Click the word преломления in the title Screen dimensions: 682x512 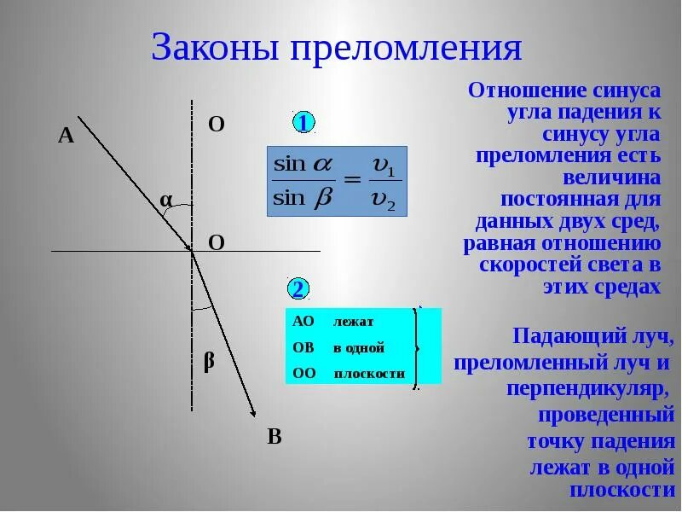click(x=406, y=49)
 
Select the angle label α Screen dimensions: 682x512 click(x=166, y=200)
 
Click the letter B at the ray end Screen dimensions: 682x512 click(x=274, y=437)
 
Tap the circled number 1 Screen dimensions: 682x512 click(x=304, y=123)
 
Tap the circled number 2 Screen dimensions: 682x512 click(x=298, y=288)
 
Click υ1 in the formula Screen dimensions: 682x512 click(x=385, y=164)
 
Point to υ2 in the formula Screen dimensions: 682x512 click(x=385, y=200)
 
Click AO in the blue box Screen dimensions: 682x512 click(x=303, y=321)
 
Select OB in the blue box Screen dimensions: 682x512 click(x=303, y=347)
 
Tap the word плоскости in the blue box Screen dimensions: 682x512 click(x=369, y=374)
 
